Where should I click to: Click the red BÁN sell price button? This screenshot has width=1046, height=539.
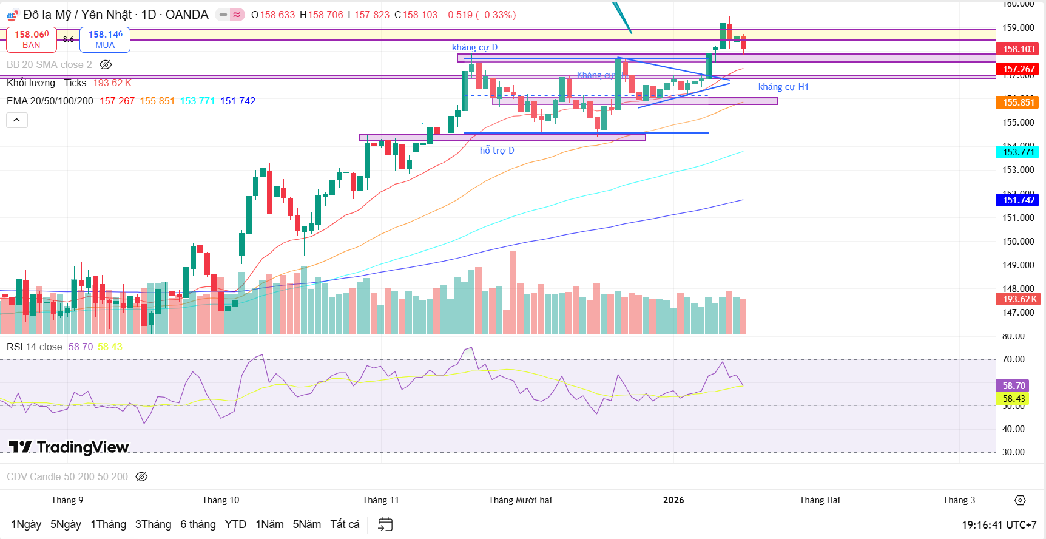pyautogui.click(x=32, y=39)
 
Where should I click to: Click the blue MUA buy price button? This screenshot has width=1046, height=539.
pyautogui.click(x=105, y=39)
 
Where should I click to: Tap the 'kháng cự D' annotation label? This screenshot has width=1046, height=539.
pyautogui.click(x=474, y=47)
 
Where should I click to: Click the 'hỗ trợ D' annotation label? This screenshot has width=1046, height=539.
pyautogui.click(x=497, y=151)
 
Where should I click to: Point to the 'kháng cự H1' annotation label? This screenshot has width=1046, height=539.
pyautogui.click(x=783, y=87)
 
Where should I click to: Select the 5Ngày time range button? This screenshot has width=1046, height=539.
pyautogui.click(x=66, y=524)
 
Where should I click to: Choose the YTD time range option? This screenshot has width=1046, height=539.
pyautogui.click(x=235, y=524)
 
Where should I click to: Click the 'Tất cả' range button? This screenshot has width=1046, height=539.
pyautogui.click(x=345, y=524)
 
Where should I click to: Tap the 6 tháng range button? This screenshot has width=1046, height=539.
pyautogui.click(x=198, y=524)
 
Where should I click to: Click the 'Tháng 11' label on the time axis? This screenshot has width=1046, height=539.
pyautogui.click(x=380, y=500)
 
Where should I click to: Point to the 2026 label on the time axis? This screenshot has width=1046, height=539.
pyautogui.click(x=673, y=500)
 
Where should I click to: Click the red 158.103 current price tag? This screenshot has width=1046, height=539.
pyautogui.click(x=1018, y=49)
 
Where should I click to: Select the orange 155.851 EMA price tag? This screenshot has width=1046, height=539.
pyautogui.click(x=1018, y=103)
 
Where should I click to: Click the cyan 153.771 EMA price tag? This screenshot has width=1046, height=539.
pyautogui.click(x=1018, y=152)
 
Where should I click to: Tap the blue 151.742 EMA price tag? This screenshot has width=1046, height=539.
pyautogui.click(x=1018, y=200)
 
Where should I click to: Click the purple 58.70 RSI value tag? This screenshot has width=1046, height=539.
pyautogui.click(x=1013, y=386)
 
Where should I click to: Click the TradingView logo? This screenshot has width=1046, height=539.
pyautogui.click(x=69, y=448)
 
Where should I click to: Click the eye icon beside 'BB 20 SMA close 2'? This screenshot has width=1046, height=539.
pyautogui.click(x=106, y=65)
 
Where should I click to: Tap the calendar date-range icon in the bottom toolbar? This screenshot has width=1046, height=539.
pyautogui.click(x=385, y=524)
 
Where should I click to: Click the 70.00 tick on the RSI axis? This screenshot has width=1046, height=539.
pyautogui.click(x=1013, y=359)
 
